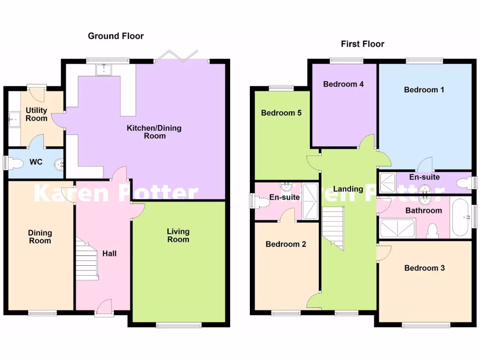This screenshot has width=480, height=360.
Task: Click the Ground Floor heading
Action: point(116,36)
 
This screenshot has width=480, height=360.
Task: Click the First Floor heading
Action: point(362,44)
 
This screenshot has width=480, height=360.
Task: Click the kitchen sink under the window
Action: point(103,70)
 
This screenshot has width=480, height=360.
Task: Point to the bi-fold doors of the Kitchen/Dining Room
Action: point(177,56)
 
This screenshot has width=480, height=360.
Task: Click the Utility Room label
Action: point(37,114)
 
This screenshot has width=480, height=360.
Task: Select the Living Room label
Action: point(178,235)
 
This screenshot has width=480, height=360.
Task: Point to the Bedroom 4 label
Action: point(344,84)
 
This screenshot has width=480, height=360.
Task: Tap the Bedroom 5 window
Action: point(281,88)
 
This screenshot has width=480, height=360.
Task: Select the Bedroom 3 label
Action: point(425,268)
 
